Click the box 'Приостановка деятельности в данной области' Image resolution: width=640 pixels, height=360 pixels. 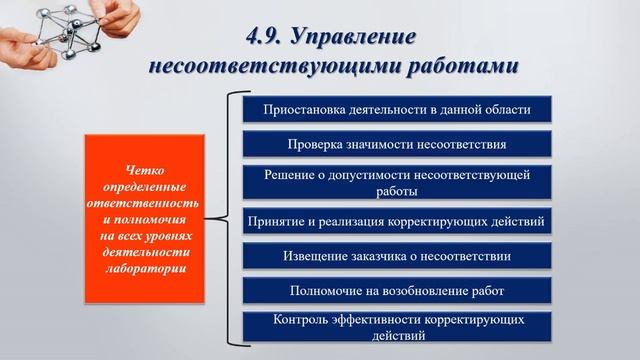pos(397,108)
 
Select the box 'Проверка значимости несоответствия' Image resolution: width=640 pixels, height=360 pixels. pos(397,144)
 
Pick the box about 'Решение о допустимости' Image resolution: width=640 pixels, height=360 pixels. pos(397,182)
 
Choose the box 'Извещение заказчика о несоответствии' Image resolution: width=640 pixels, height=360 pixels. pos(397,256)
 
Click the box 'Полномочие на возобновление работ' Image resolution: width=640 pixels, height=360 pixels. pos(397,291)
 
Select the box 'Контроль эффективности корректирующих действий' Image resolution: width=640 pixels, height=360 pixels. pos(397,327)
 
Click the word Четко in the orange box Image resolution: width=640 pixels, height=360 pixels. pos(145,170)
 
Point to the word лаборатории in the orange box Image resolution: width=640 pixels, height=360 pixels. pos(145,268)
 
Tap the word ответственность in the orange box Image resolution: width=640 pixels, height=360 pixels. pos(145,203)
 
